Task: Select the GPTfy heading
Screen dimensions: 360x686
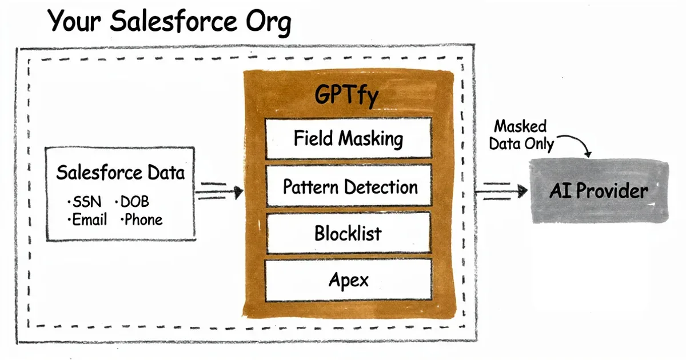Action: point(347,96)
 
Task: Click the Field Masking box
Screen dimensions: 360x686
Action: point(348,139)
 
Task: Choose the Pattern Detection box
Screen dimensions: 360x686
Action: point(348,186)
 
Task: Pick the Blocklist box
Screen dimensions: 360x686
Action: point(348,233)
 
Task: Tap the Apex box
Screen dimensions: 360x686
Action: point(348,280)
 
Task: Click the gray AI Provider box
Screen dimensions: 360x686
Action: point(599,191)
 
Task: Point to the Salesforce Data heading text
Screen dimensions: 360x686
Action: point(121,173)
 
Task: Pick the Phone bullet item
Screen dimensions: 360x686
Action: point(142,219)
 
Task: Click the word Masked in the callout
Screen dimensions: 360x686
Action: point(521,126)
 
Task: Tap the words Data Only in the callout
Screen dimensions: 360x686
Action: point(521,144)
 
